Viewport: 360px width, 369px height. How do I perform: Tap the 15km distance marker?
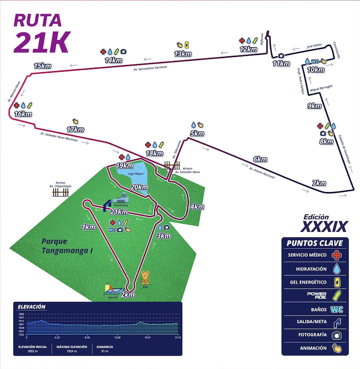click(42, 66)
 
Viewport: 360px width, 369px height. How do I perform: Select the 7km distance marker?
click(319, 183)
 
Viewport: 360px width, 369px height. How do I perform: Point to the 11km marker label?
click(281, 64)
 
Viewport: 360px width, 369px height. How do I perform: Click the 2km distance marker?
click(127, 294)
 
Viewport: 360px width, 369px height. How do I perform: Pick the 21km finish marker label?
click(121, 211)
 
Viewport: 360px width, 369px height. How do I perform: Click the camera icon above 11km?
click(281, 55)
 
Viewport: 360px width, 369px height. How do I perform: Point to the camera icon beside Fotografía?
click(337, 335)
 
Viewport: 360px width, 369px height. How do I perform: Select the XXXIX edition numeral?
click(323, 225)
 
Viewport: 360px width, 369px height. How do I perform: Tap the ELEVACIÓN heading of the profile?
click(31, 307)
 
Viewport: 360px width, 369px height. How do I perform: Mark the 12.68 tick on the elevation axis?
click(117, 337)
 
